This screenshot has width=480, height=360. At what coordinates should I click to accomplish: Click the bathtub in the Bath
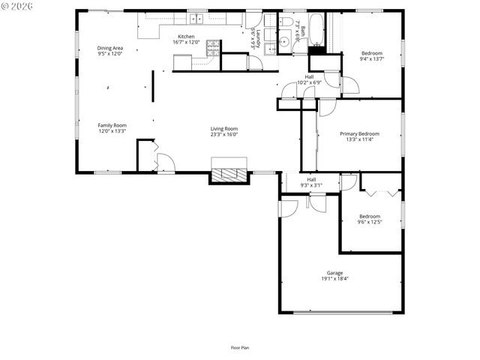click(316, 28)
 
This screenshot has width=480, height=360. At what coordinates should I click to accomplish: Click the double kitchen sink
click(197, 19)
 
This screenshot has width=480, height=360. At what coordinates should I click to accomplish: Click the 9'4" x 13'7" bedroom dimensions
click(371, 58)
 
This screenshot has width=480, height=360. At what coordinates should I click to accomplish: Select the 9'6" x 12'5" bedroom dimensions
click(369, 222)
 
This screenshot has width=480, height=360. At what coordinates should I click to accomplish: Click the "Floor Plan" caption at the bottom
click(239, 347)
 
